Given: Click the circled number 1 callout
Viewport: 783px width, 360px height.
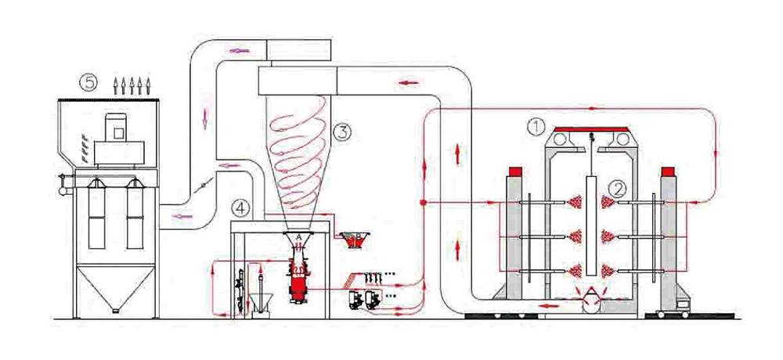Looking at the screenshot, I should [x=536, y=124].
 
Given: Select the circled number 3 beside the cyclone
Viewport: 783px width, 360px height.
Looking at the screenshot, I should [x=341, y=132].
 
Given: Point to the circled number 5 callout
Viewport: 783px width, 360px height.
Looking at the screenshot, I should [x=90, y=81].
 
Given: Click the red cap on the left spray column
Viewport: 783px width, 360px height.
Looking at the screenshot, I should [x=516, y=171].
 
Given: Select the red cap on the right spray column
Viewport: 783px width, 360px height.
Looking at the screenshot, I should [x=668, y=171].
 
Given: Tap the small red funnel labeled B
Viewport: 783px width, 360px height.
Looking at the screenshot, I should [x=352, y=240].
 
